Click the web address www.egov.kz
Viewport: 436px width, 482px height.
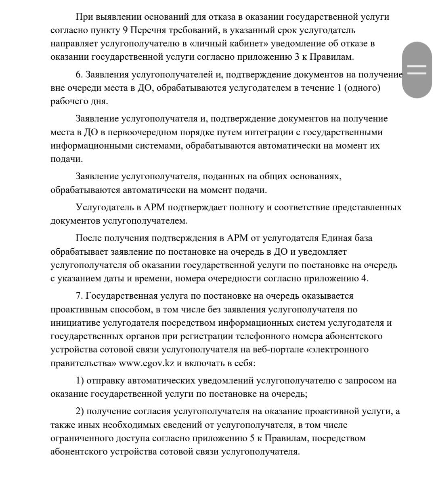pos(147,363)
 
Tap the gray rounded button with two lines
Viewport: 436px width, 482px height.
pos(417,70)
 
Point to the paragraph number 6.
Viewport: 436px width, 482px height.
pos(79,75)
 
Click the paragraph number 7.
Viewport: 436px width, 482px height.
pos(79,296)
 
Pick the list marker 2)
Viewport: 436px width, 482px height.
pos(80,411)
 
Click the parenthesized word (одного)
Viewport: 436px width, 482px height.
pos(362,88)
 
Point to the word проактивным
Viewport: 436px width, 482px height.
pos(77,310)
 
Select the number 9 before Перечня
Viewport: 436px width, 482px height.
pos(125,30)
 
